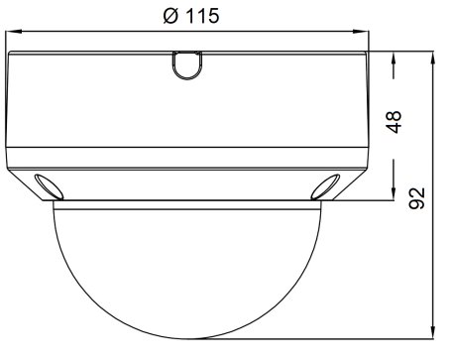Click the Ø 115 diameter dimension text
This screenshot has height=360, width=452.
coord(191,16)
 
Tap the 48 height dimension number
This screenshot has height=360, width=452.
coord(395,122)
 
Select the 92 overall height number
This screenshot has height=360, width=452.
coord(416,198)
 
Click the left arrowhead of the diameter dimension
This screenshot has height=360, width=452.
coord(14,32)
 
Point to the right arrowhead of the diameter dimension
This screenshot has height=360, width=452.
coord(361,32)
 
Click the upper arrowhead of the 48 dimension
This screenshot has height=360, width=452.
coord(394,59)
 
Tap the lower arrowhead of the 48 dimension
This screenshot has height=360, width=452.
coord(394,192)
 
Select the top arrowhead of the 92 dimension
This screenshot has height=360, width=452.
coord(432,59)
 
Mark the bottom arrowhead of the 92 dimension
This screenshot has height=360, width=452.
coord(432,331)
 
